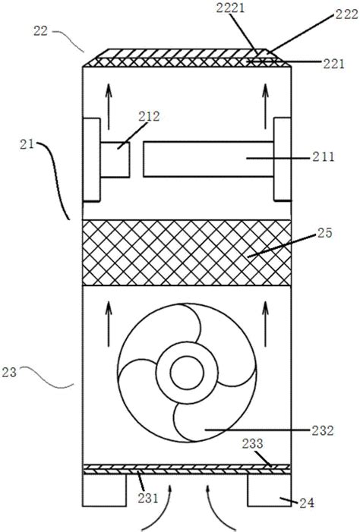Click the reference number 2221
tap(231, 8)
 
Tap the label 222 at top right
tap(347, 14)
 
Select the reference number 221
tap(333, 64)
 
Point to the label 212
tap(149, 116)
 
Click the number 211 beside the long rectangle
tap(324, 157)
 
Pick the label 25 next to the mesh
tap(324, 233)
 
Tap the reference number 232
tap(323, 430)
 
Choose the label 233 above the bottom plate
tap(253, 443)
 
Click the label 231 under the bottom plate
tap(148, 499)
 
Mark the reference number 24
tap(307, 503)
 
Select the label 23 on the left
tap(9, 372)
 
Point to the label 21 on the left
tap(27, 144)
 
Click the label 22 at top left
tap(40, 31)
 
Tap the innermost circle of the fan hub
tap(187, 373)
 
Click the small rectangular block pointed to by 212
tap(115, 159)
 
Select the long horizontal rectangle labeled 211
tap(209, 159)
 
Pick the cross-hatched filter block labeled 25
tap(187, 253)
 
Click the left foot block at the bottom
tap(104, 490)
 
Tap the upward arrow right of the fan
tap(266, 324)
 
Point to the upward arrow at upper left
tap(109, 106)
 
